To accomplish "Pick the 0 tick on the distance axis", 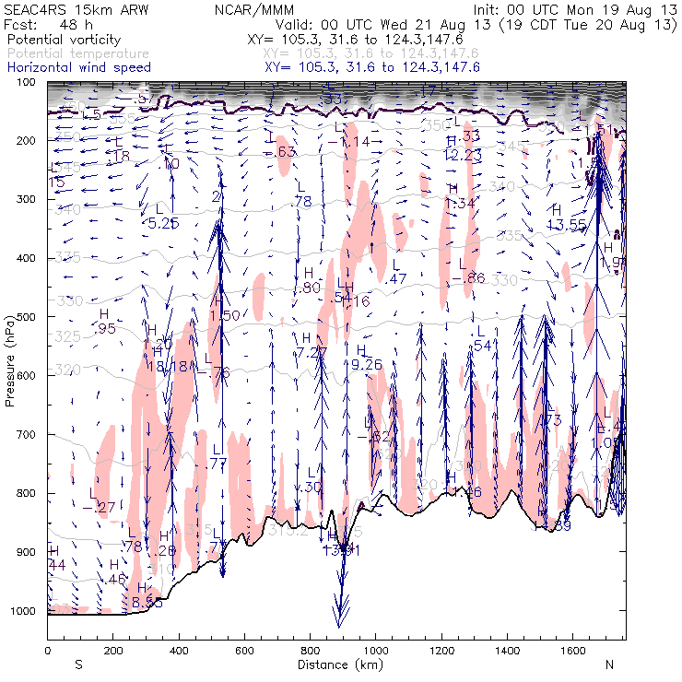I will pos(47,651).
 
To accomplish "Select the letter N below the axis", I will pos(608,664).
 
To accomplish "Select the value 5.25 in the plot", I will pos(163,223).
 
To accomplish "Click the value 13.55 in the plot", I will pos(568,225).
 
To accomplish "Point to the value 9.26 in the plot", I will pos(367,365).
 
